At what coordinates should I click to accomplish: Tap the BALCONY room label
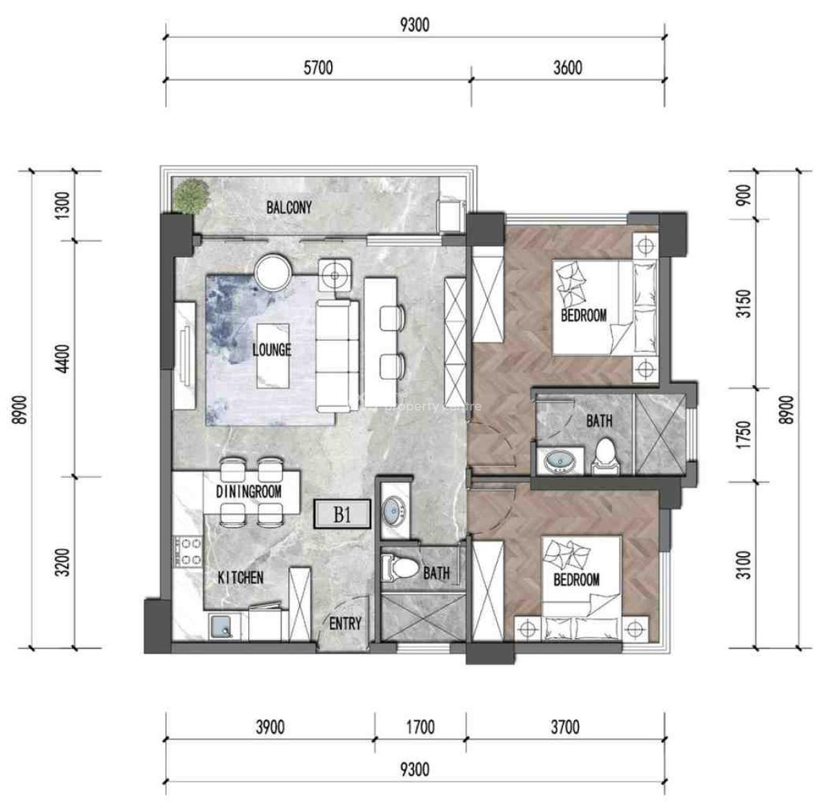289,207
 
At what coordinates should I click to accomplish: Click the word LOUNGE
271,350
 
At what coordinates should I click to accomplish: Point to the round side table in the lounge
274,272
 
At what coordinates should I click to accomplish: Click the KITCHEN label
240,577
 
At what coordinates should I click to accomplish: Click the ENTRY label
345,624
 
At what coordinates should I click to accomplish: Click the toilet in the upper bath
605,456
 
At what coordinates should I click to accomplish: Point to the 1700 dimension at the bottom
420,726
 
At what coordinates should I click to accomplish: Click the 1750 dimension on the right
742,434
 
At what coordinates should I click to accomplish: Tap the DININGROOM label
248,492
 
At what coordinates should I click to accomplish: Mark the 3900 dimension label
269,726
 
